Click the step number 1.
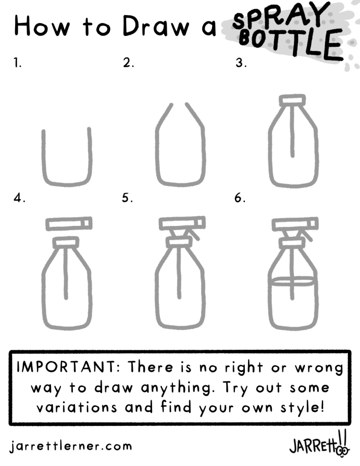click(18, 63)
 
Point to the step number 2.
click(128, 63)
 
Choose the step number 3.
click(241, 63)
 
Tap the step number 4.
click(19, 198)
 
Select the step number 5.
click(127, 198)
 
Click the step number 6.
click(240, 198)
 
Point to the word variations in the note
click(76, 407)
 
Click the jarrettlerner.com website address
click(71, 446)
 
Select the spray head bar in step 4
click(69, 224)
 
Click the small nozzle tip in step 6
click(313, 223)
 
